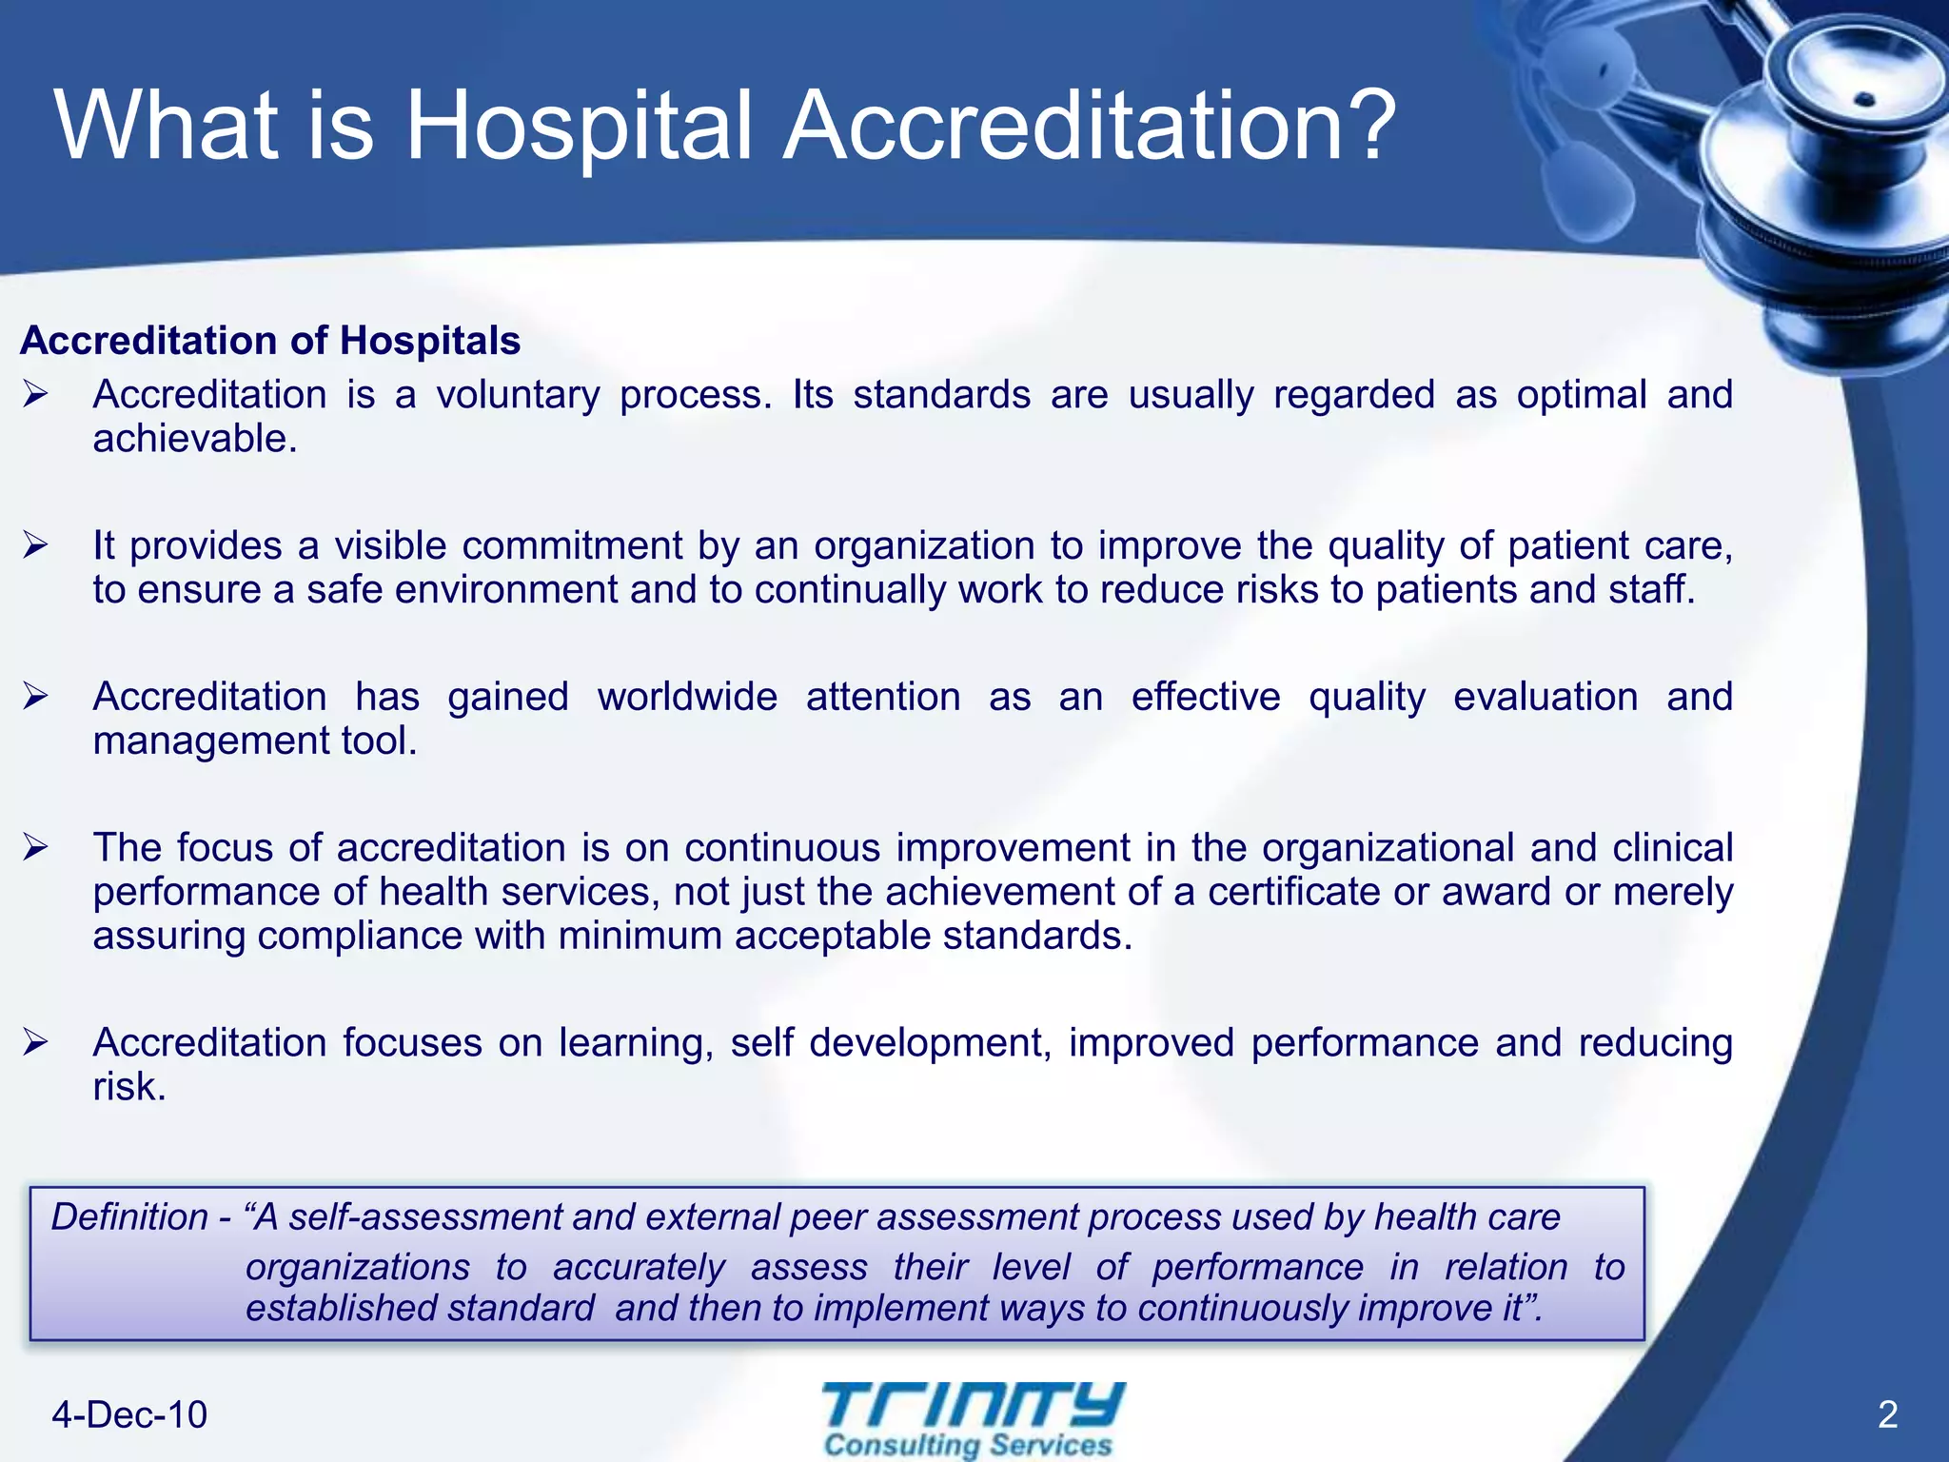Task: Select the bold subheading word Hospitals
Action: [x=430, y=341]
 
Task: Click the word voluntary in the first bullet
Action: [x=518, y=396]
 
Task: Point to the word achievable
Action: [x=194, y=440]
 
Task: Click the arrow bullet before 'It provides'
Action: [x=36, y=545]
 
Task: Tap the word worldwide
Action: [x=687, y=697]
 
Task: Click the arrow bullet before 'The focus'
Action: [x=36, y=847]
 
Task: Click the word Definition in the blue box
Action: [x=129, y=1217]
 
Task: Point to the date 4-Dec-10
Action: [x=129, y=1415]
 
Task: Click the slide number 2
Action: [x=1888, y=1415]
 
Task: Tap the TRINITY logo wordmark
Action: [x=973, y=1405]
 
